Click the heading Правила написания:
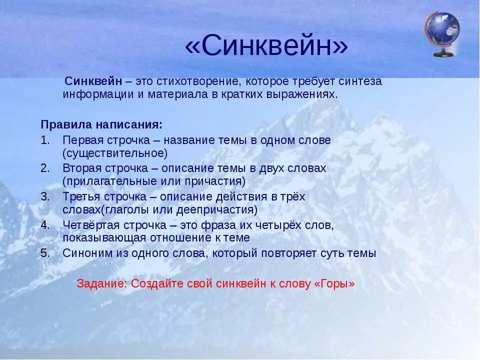pyautogui.click(x=101, y=124)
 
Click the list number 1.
pyautogui.click(x=45, y=140)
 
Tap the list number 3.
pyautogui.click(x=45, y=196)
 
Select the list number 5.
pyautogui.click(x=45, y=253)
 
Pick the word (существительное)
pyautogui.click(x=115, y=152)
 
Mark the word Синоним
pyautogui.click(x=84, y=253)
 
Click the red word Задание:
pyautogui.click(x=102, y=283)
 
